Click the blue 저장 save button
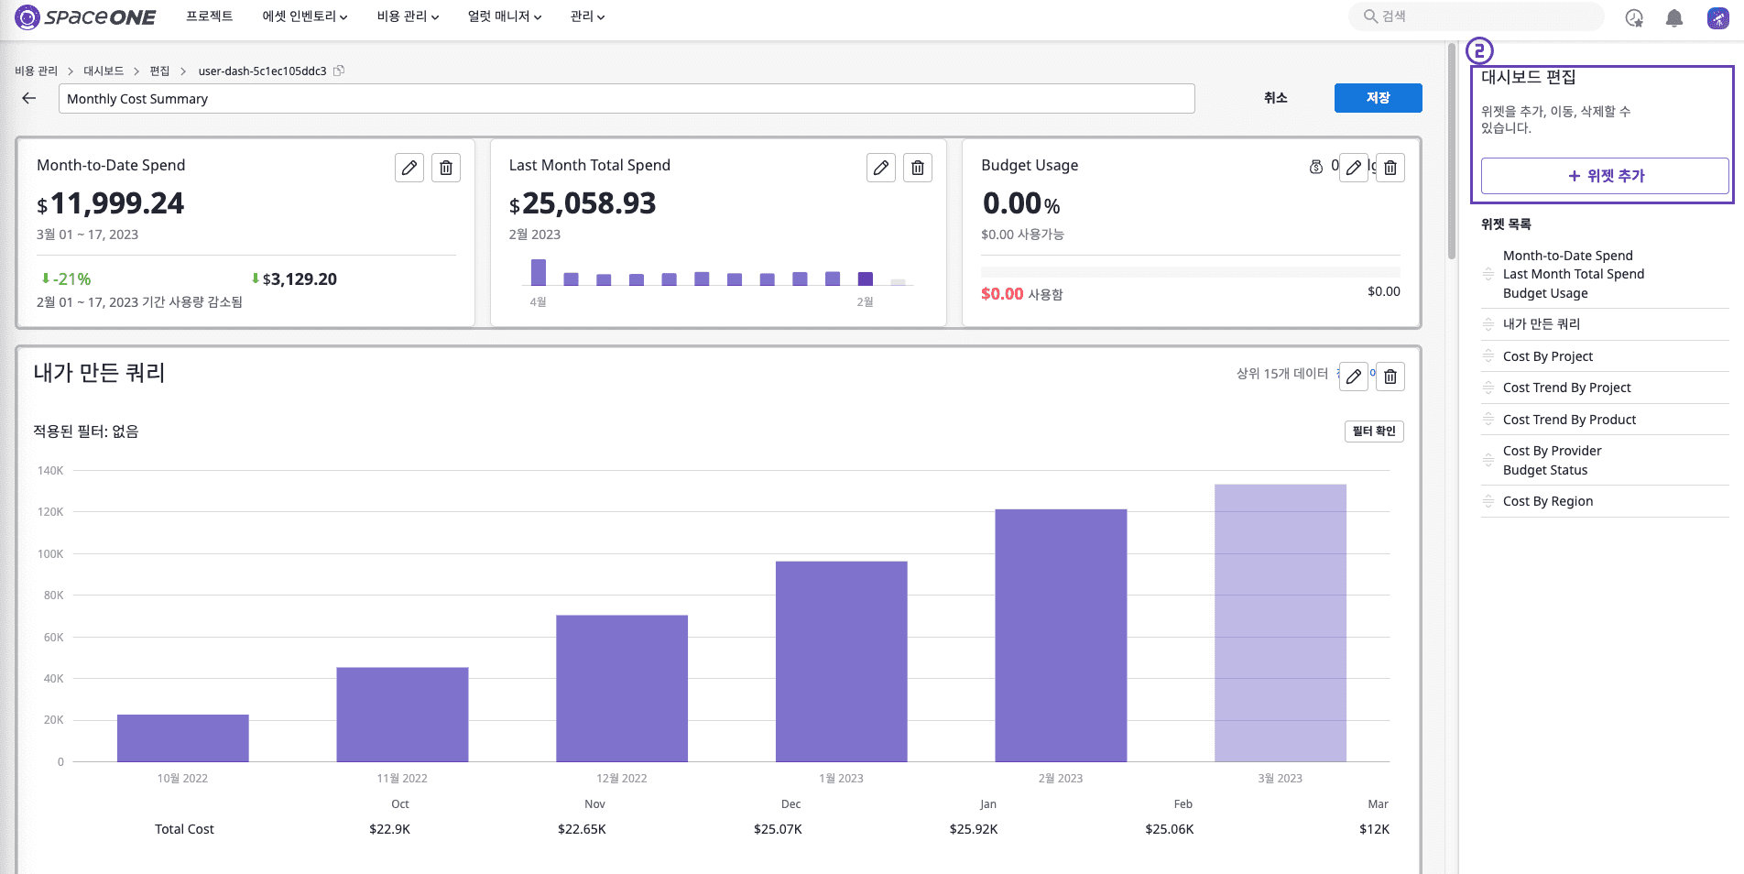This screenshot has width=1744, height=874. point(1378,98)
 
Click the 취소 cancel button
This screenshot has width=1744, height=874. point(1275,98)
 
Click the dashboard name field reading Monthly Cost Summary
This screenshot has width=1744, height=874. point(627,99)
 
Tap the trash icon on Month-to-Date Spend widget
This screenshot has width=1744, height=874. point(446,168)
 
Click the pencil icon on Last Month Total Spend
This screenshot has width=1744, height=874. point(881,168)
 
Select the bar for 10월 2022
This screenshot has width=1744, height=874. point(183,737)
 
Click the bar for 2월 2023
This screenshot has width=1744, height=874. point(1061,635)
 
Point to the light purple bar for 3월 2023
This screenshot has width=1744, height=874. point(1281,623)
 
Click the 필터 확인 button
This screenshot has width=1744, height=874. point(1374,432)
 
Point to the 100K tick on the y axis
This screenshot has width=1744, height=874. point(50,554)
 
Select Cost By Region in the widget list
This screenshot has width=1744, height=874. point(1548,501)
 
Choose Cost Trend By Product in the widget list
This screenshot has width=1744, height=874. point(1569,420)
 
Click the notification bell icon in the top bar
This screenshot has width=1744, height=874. point(1674,17)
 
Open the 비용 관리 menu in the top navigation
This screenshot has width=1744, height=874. point(408,16)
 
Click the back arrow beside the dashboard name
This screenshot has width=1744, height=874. point(29,98)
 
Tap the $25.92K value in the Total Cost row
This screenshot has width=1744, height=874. point(974,829)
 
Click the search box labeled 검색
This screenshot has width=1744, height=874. point(1477,16)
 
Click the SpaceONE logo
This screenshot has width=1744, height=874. point(85,16)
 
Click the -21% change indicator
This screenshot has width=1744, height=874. point(66,279)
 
